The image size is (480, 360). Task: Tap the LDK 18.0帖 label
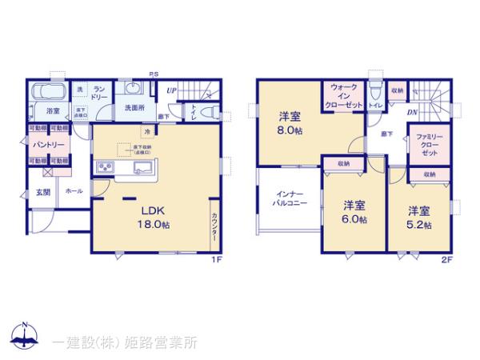tap(153, 218)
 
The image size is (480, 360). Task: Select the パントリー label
tap(49, 145)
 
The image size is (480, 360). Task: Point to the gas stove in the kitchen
tap(106, 168)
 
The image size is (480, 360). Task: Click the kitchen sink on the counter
tap(143, 168)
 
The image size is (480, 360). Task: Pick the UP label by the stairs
tap(172, 92)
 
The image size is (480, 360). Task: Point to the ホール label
tap(73, 192)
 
